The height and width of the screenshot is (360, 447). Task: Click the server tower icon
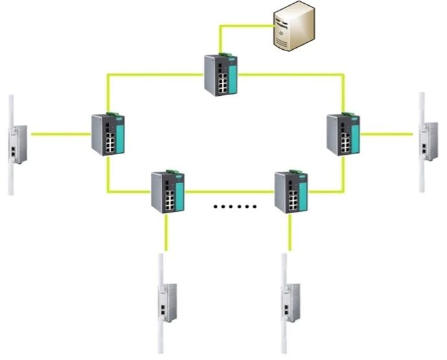(x=292, y=27)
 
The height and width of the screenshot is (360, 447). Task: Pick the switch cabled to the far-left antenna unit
(x=107, y=134)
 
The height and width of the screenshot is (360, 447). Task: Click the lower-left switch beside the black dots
(x=168, y=192)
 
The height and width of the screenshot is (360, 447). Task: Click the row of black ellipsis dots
(x=235, y=207)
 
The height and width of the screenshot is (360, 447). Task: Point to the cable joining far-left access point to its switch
(x=61, y=135)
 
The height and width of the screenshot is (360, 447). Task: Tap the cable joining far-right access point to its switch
(x=386, y=134)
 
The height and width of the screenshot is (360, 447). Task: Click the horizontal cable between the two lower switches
(x=229, y=192)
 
